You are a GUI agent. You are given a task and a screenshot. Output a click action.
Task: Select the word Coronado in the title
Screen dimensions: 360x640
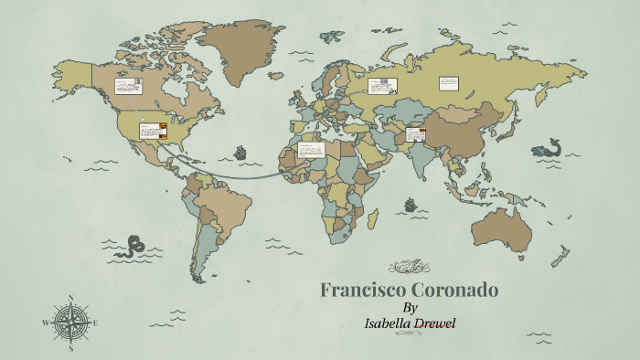pyautogui.click(x=453, y=291)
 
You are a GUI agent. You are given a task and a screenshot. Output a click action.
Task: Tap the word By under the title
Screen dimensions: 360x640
pyautogui.click(x=410, y=308)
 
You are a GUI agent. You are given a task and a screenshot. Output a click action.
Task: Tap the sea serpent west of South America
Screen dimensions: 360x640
pyautogui.click(x=138, y=244)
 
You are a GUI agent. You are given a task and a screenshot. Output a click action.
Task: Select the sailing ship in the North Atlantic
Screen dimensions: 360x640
pyautogui.click(x=241, y=152)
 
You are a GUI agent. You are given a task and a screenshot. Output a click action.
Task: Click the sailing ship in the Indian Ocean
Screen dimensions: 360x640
pyautogui.click(x=412, y=203)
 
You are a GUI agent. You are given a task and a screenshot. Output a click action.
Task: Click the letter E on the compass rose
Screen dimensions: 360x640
pyautogui.click(x=96, y=323)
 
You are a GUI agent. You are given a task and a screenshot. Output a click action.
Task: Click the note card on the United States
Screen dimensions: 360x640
pyautogui.click(x=153, y=131)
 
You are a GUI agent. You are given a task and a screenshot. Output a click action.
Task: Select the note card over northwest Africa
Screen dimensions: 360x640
pyautogui.click(x=310, y=150)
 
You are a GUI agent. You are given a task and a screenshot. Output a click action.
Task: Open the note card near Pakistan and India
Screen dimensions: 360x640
pyautogui.click(x=416, y=135)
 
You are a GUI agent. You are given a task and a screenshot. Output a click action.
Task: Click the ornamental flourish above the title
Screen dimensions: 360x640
pyautogui.click(x=409, y=268)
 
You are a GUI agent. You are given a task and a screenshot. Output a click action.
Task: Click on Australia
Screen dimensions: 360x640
pyautogui.click(x=500, y=228)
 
